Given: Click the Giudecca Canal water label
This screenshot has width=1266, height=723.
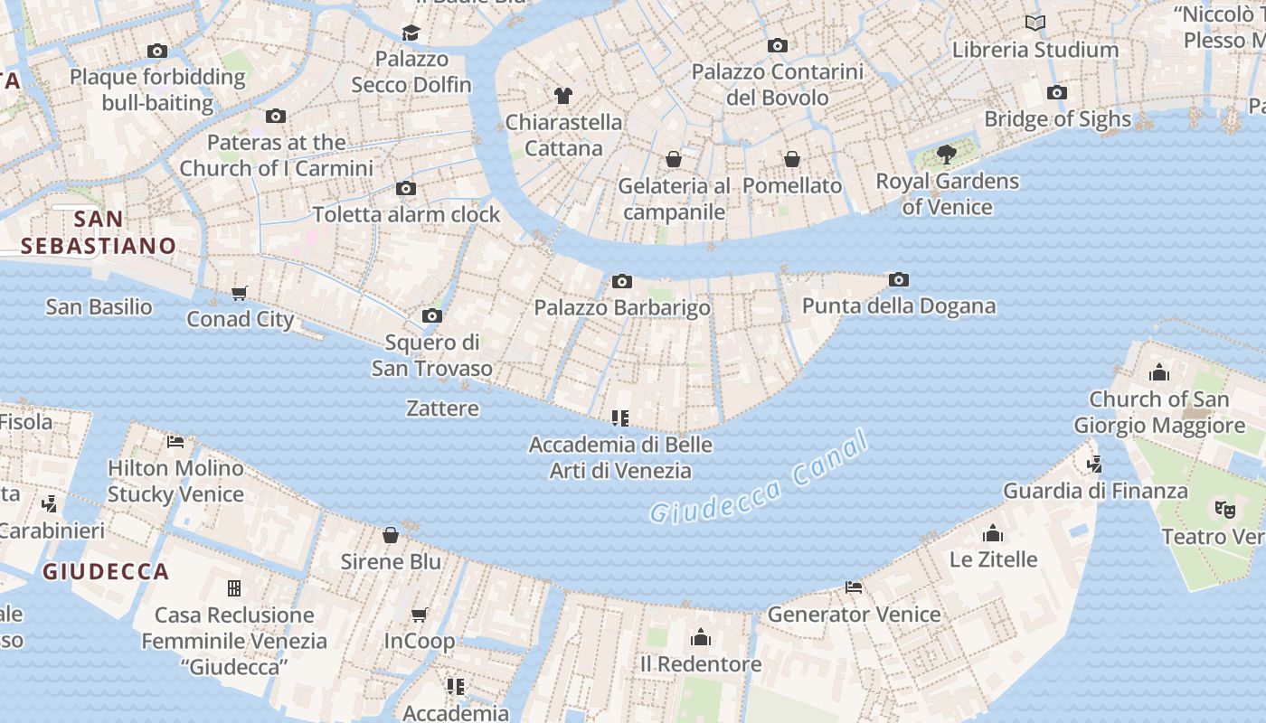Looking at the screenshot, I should tap(760, 480).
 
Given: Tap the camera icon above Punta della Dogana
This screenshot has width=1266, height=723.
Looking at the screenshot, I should tap(898, 280).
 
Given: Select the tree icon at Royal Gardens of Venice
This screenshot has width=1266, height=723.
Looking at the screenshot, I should tap(947, 155).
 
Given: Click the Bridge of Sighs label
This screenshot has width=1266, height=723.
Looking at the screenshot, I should tap(1057, 119).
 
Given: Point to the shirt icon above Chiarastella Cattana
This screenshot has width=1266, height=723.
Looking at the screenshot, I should tap(563, 96).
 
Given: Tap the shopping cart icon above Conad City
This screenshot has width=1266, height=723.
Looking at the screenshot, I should tap(240, 293).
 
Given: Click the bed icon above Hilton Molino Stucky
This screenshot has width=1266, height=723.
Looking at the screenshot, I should tap(175, 442).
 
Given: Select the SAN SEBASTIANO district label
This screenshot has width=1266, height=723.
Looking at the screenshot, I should tap(99, 232).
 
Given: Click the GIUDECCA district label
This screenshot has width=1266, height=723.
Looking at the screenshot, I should tap(106, 571).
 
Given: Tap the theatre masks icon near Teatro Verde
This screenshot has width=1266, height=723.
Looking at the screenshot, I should tap(1224, 510).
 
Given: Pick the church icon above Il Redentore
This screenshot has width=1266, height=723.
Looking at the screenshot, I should tap(701, 638).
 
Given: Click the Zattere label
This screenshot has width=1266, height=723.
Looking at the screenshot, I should tap(442, 408).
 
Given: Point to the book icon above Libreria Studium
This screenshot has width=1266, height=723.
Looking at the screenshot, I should tap(1035, 23).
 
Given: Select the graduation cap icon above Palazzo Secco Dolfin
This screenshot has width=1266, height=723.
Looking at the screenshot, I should tap(411, 33).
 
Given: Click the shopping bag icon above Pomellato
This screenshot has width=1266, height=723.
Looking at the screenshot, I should tap(792, 159).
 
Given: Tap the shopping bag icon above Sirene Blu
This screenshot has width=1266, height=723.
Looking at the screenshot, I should tap(391, 535).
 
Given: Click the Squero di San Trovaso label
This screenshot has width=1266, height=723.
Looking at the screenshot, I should tap(432, 355).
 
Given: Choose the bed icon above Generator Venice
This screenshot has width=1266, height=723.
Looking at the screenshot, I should tap(854, 587).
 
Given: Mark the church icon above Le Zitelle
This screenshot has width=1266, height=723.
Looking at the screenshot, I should tap(993, 533).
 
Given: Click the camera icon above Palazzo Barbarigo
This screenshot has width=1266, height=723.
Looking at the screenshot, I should tap(621, 282).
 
